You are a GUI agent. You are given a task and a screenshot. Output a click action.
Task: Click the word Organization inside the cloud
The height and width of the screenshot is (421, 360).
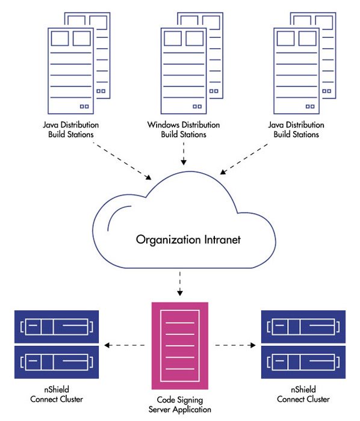(169, 240)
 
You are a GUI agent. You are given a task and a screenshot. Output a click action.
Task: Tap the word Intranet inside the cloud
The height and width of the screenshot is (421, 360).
(223, 239)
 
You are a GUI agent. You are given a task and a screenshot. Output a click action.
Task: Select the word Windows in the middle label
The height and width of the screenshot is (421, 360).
(163, 124)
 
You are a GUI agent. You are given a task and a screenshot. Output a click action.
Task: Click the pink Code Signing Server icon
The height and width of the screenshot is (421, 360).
(180, 346)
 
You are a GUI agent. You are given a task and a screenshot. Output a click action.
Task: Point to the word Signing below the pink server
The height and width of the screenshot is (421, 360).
(190, 401)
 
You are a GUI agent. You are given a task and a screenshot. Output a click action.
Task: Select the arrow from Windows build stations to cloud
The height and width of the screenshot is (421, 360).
(184, 153)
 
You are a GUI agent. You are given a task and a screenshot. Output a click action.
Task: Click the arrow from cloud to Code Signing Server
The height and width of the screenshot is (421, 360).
(180, 283)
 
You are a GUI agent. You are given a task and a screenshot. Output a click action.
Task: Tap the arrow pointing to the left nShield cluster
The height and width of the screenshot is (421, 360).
(125, 345)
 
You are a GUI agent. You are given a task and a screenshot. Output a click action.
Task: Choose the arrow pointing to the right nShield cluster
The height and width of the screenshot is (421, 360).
(235, 345)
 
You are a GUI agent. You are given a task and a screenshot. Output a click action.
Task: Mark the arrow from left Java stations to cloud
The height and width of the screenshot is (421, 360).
(122, 161)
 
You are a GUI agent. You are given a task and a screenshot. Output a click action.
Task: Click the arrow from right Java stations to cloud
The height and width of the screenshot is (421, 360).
(244, 159)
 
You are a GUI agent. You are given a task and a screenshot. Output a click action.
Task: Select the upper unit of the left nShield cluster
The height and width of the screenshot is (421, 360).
(57, 327)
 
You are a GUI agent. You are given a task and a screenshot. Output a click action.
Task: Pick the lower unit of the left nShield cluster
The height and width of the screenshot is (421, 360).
(57, 362)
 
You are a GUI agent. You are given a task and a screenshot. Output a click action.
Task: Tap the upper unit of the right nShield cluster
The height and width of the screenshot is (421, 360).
(303, 327)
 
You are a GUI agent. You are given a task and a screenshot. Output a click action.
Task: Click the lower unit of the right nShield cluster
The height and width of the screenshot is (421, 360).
(303, 362)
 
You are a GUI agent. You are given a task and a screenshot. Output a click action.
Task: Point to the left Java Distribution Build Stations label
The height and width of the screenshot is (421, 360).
(71, 129)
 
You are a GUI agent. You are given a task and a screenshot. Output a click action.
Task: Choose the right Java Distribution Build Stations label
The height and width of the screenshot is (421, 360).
(296, 129)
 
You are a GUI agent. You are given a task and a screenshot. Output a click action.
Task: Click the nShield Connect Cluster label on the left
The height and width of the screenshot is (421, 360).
(57, 394)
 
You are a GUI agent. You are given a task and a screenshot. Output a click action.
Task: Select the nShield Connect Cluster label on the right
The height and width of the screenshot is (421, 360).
(303, 394)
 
